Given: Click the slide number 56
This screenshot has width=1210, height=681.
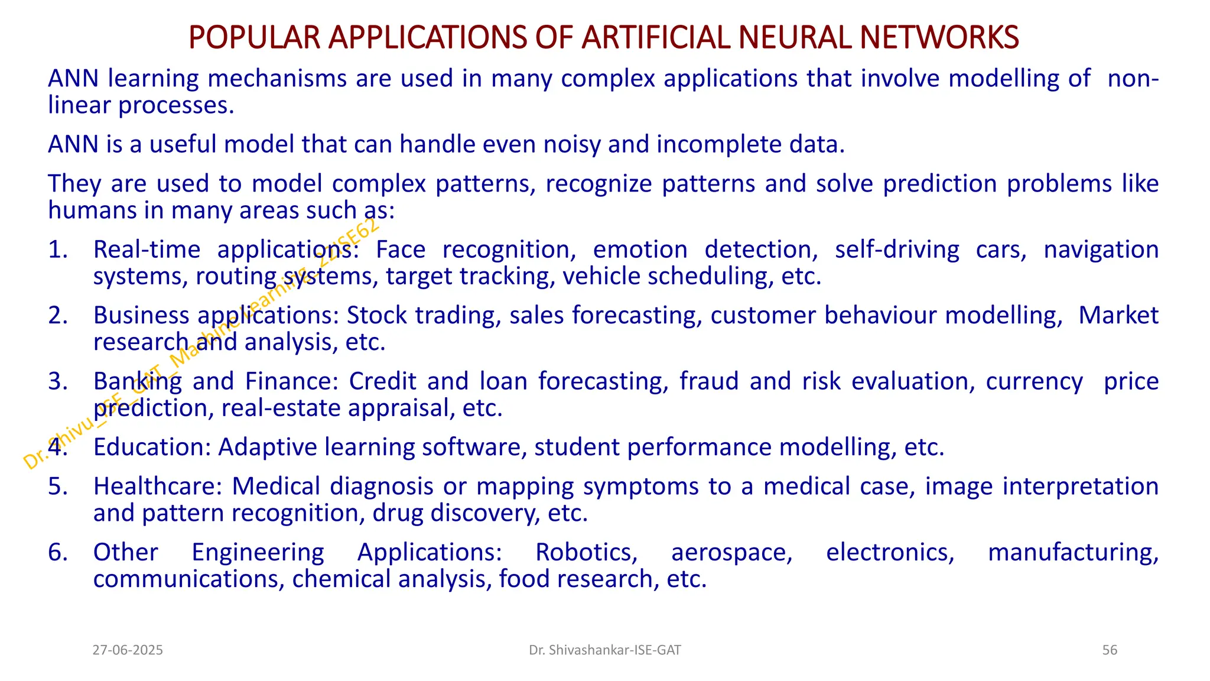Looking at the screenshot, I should tap(1110, 650).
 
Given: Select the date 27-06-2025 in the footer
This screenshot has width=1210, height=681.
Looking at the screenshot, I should tap(128, 650).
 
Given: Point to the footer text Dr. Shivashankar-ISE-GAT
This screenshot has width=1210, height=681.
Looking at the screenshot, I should tap(605, 650).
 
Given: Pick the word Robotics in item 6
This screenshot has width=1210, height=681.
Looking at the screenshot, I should tap(586, 553).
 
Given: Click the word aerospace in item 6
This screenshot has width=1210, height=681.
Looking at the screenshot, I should tap(731, 553).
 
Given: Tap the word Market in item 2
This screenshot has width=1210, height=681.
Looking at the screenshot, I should tap(1118, 316).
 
